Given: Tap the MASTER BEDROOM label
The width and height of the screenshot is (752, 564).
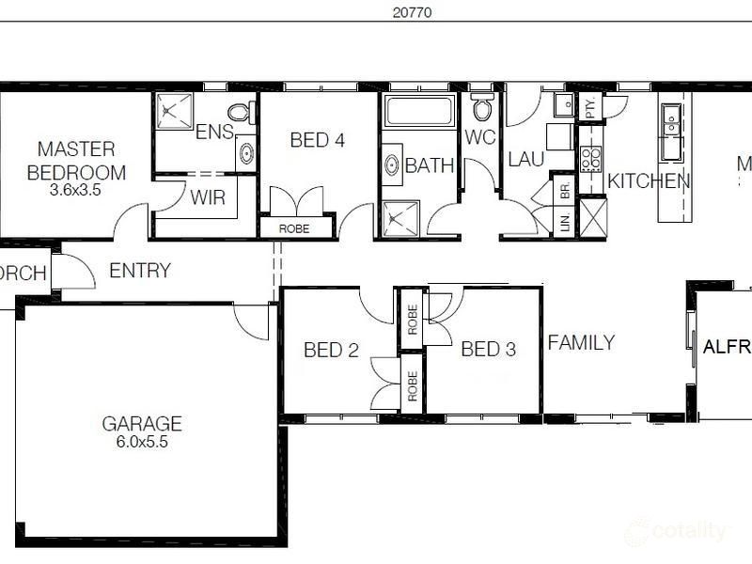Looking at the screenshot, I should coord(76,161).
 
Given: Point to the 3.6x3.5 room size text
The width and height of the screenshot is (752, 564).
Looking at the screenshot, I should coord(76,188).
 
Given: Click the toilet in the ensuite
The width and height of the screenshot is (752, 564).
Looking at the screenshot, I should coord(239,112).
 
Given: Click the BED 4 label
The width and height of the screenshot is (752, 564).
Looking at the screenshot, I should coord(317,141).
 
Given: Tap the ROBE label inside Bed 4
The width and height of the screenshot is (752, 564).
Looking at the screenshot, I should coord(296,227).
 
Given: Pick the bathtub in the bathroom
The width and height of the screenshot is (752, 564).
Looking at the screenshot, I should coord(419,112).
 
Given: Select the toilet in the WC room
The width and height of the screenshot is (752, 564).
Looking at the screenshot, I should coord(482,108).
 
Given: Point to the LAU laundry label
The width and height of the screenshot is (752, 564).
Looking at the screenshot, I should coord(525,159).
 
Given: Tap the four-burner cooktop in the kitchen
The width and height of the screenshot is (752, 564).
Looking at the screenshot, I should coord(591,159).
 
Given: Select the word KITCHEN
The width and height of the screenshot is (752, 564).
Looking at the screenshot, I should coord(649,181).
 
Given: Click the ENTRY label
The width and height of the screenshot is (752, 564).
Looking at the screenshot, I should coord(140,271).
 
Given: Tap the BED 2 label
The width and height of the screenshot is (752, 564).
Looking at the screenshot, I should coord(331,351).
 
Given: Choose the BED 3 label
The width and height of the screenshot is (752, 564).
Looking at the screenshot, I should coord(488,350).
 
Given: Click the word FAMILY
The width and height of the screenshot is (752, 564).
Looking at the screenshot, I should coord(581,342).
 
